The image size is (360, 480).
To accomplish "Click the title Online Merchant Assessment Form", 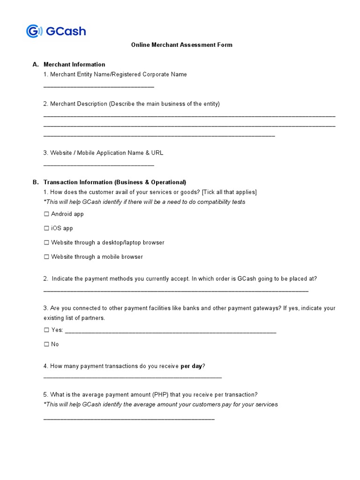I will click(x=181, y=45).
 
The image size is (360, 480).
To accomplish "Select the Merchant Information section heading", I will click(x=74, y=65).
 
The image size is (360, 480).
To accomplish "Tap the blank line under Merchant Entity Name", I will click(x=98, y=87).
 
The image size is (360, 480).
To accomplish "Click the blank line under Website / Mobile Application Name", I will click(x=98, y=165).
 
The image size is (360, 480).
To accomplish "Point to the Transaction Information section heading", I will click(x=114, y=182).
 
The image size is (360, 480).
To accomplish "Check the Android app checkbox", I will click(x=46, y=214).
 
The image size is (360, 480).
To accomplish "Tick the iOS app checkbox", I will click(x=46, y=228).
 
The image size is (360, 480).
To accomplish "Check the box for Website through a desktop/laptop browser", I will click(x=46, y=243).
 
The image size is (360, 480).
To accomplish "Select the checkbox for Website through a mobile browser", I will click(x=46, y=257).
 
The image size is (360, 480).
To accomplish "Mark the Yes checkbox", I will click(x=46, y=330).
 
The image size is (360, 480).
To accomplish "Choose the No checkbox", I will click(x=46, y=345).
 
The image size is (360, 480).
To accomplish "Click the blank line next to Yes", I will click(x=171, y=332).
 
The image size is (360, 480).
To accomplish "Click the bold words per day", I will click(x=191, y=366).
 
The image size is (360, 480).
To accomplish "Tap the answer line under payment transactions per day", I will click(x=132, y=377).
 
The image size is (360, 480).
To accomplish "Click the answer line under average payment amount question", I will click(x=129, y=419).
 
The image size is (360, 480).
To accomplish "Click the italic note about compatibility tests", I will click(x=144, y=202).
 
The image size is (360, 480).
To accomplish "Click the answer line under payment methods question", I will click(x=176, y=291).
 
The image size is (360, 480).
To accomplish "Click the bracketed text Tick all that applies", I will click(x=229, y=192).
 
